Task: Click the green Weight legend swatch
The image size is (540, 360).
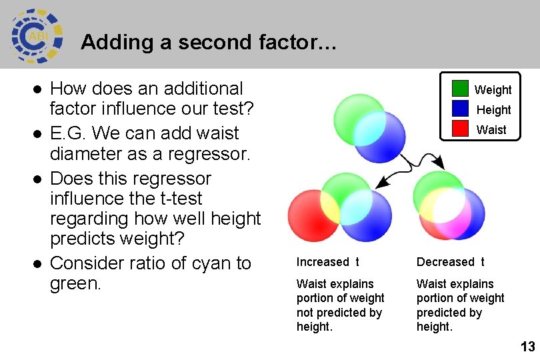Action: point(461,89)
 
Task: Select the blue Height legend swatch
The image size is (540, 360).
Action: point(461,109)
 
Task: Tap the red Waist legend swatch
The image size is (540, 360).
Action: point(461,129)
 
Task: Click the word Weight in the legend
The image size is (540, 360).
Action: point(493,89)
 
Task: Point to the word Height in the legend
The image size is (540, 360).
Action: point(493,109)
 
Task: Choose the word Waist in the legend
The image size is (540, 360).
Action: point(491,130)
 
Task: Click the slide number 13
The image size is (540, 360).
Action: point(527,347)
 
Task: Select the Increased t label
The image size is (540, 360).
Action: point(328,262)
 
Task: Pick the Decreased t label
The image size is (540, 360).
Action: point(451,262)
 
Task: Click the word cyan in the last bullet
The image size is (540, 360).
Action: point(199,263)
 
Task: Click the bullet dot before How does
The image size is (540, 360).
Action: point(38,89)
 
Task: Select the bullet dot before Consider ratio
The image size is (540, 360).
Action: point(38,263)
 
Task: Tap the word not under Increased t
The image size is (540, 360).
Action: point(306,313)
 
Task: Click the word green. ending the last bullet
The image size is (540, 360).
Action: point(75,283)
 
